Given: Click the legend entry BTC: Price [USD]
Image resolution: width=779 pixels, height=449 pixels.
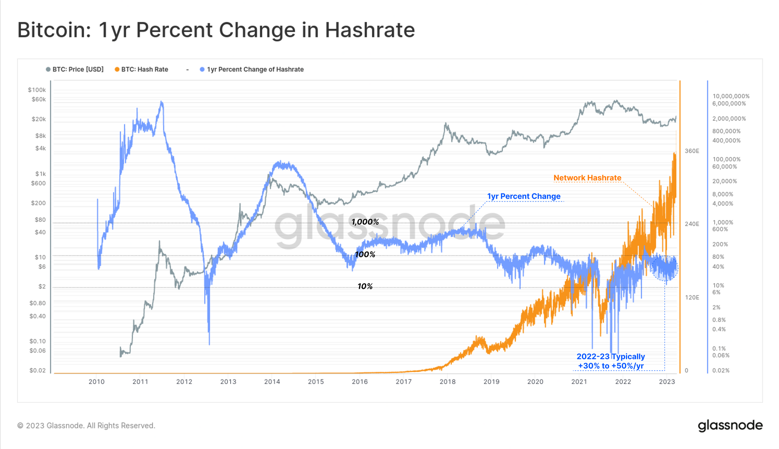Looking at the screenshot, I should pyautogui.click(x=78, y=69).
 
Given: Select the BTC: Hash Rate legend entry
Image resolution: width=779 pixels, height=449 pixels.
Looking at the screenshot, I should pyautogui.click(x=144, y=69).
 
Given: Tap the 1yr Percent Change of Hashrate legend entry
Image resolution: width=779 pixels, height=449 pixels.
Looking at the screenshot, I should pyautogui.click(x=255, y=69).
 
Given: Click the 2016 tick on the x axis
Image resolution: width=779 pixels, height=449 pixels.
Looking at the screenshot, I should pyautogui.click(x=360, y=382).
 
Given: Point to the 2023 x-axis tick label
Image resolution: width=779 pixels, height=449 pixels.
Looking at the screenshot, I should pyautogui.click(x=666, y=382).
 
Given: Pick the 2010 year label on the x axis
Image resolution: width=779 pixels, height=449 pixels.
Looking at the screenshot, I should pyautogui.click(x=96, y=382).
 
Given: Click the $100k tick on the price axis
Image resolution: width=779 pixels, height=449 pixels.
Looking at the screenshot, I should pyautogui.click(x=37, y=90).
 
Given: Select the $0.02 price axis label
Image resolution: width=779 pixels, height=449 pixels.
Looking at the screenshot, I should pyautogui.click(x=37, y=370).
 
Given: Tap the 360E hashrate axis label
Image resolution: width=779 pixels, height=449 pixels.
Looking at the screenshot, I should pyautogui.click(x=692, y=151).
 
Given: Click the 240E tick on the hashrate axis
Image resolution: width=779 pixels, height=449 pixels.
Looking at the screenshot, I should pyautogui.click(x=692, y=224).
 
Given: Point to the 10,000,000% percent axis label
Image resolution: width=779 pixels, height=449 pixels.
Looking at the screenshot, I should pyautogui.click(x=731, y=96).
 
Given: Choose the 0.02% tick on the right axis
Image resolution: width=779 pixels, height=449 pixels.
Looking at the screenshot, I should pyautogui.click(x=721, y=370).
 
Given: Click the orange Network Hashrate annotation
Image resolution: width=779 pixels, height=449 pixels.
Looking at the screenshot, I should pyautogui.click(x=587, y=178).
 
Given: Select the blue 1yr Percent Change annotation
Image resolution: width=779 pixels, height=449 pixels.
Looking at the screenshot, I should pyautogui.click(x=523, y=196).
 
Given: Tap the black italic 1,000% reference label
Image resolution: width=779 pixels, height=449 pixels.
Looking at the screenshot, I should pyautogui.click(x=365, y=222).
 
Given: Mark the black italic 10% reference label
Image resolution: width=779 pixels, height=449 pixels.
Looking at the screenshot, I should pyautogui.click(x=365, y=286).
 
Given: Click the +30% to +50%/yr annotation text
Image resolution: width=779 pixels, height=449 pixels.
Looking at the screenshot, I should pyautogui.click(x=610, y=366).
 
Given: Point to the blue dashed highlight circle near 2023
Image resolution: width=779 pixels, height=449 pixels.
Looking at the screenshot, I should pyautogui.click(x=664, y=268).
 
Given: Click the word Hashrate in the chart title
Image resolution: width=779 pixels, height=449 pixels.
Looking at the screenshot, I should pyautogui.click(x=370, y=30).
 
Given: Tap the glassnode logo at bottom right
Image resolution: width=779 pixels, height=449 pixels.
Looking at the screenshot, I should pyautogui.click(x=730, y=425).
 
